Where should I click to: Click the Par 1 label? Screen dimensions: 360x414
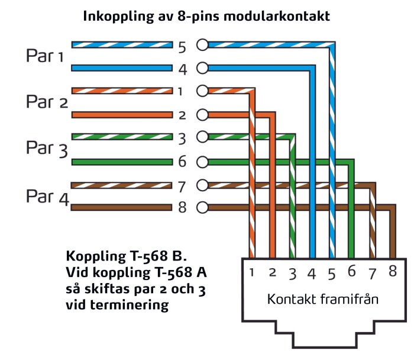(44, 56)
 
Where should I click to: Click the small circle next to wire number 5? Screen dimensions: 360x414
(202, 44)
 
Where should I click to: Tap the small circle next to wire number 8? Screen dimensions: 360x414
(202, 208)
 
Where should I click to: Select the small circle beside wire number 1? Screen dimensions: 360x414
(202, 91)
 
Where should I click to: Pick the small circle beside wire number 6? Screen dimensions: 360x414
(202, 161)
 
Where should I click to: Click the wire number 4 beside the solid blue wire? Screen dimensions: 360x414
(182, 69)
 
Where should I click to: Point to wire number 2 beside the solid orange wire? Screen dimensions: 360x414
(182, 115)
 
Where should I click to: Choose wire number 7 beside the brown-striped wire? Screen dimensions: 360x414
(182, 185)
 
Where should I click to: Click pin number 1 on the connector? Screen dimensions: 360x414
(251, 273)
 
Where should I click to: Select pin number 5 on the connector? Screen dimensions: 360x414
(331, 273)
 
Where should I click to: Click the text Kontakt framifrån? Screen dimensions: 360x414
(322, 300)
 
